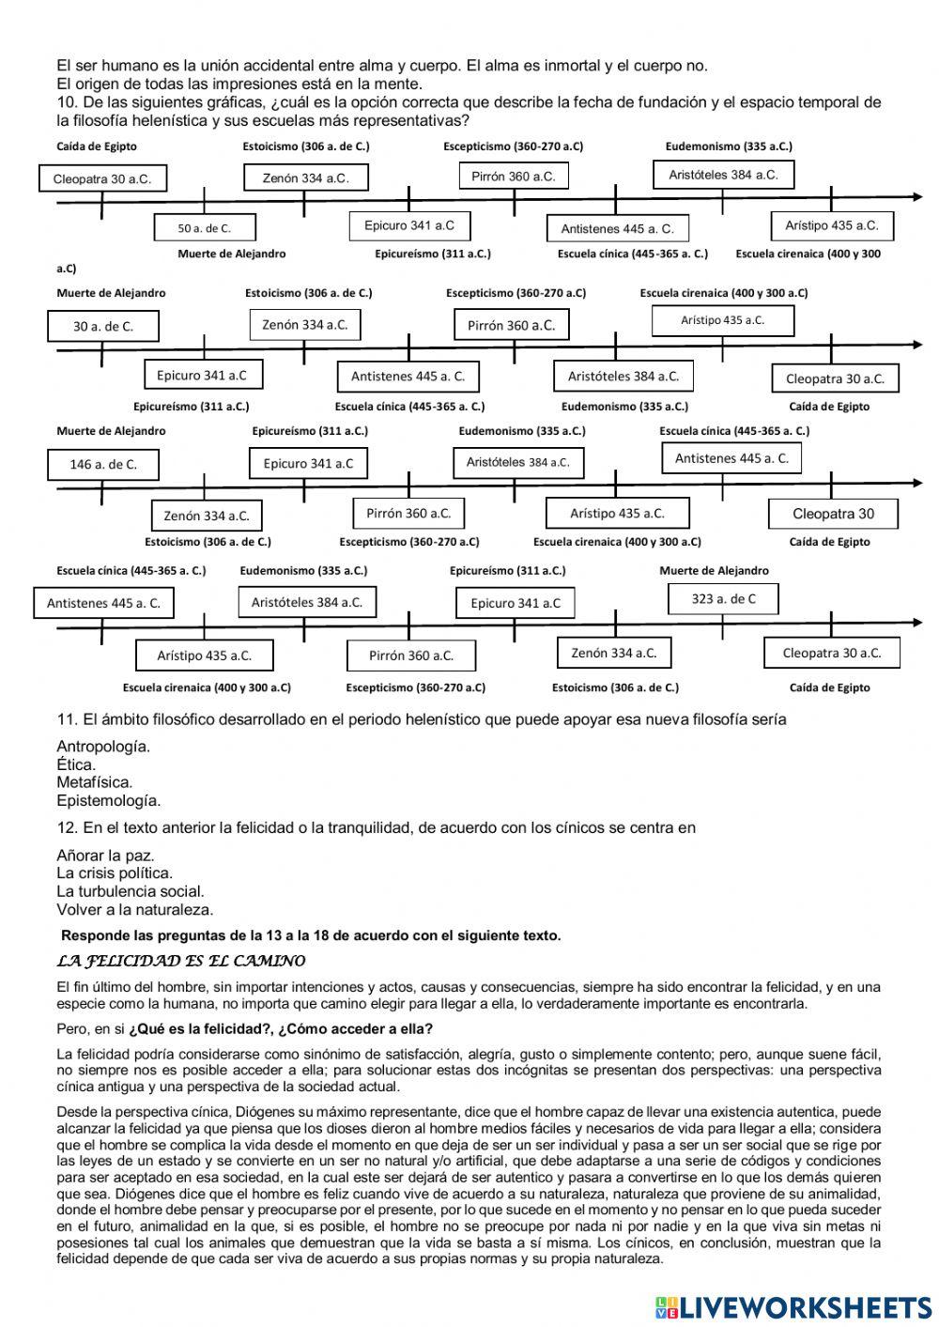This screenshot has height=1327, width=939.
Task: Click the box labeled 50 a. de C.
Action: [x=205, y=227]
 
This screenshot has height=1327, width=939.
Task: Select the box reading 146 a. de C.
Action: [x=103, y=464]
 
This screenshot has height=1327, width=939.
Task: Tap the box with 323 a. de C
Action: [x=723, y=599]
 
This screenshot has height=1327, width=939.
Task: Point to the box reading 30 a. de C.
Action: [x=103, y=326]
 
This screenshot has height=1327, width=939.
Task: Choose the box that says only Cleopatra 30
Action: [x=833, y=514]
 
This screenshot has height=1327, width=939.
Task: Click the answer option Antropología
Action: [x=103, y=747]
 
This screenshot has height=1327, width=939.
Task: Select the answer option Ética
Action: [x=76, y=764]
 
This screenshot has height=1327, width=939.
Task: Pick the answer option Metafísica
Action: [x=95, y=782]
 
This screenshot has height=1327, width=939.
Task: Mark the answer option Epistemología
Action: [x=109, y=801]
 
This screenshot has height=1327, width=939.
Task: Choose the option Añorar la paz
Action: [x=105, y=856]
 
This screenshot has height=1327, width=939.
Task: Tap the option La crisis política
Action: [x=115, y=873]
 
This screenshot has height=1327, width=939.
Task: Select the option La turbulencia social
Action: [x=131, y=891]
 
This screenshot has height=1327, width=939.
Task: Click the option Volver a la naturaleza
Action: [x=135, y=909]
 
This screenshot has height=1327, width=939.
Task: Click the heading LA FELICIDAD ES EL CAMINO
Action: [x=181, y=961]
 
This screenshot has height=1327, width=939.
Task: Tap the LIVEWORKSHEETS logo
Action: [x=793, y=1306]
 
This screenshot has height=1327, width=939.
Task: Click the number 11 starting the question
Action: [x=66, y=719]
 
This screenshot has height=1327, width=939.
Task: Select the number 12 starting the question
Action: [x=66, y=828]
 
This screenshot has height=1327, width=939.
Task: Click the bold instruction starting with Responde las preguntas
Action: [x=311, y=935]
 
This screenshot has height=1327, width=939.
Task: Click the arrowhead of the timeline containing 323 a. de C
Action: [x=916, y=623]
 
